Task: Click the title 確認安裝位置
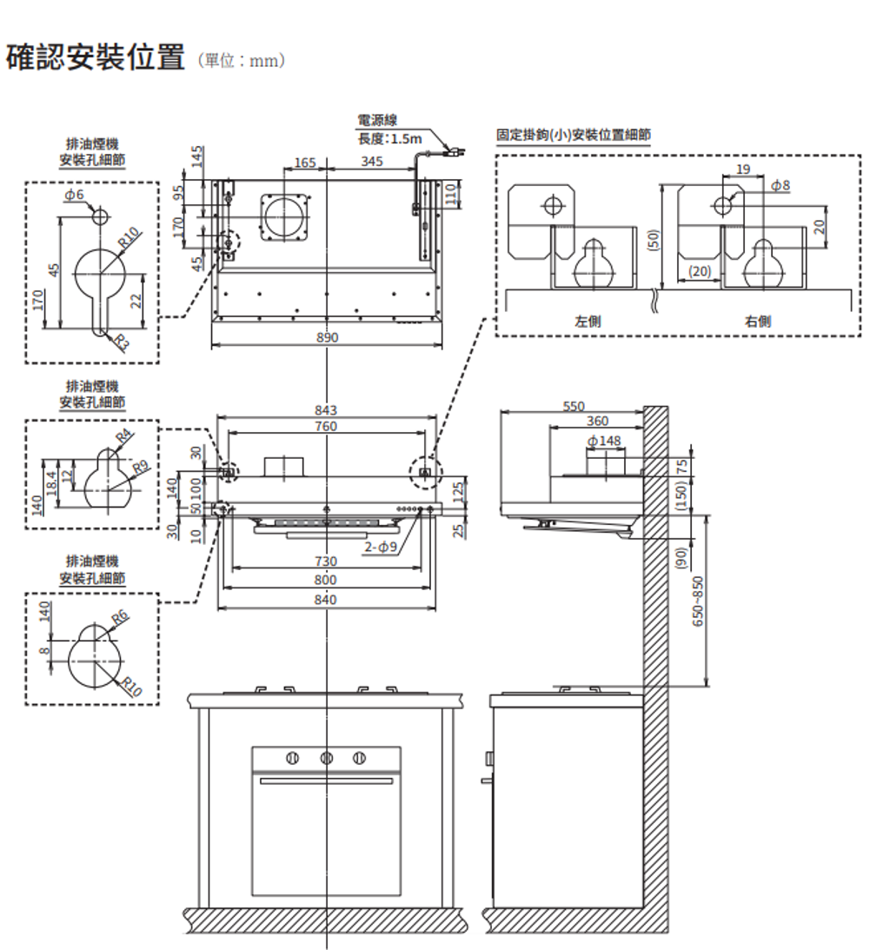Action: point(95,59)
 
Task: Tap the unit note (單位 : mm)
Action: point(242,62)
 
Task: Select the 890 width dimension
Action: point(327,337)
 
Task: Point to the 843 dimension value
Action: point(327,410)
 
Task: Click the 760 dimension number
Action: point(327,427)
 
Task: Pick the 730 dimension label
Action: point(326,562)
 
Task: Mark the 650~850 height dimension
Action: point(699,600)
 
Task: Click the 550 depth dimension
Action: point(575,406)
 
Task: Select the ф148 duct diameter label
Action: point(605,442)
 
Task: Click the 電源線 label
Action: point(377,122)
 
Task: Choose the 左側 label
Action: point(588,321)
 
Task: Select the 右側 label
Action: point(757,321)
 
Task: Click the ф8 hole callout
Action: point(780,185)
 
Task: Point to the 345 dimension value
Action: point(372,162)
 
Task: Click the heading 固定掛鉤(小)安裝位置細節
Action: point(573,135)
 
